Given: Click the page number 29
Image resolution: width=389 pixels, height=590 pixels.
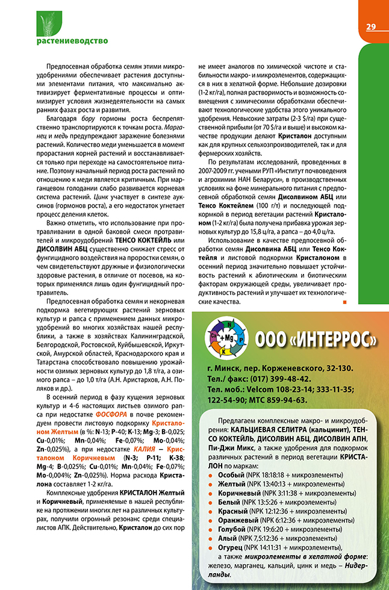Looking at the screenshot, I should coord(370,26).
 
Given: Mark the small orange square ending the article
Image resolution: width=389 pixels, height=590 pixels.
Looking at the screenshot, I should coord(344,302).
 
